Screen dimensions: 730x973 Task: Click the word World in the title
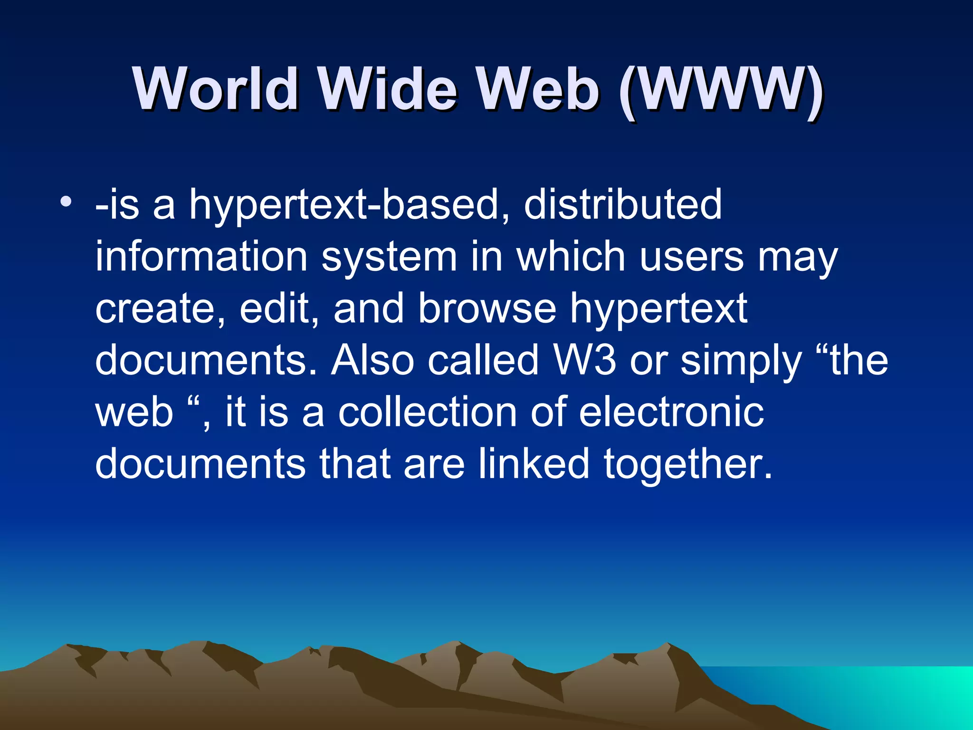[216, 89]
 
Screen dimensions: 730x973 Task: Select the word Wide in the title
[388, 89]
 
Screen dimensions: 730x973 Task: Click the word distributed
[622, 204]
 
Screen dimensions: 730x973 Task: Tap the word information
[201, 257]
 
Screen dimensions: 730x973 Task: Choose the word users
[691, 257]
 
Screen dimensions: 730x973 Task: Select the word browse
[487, 309]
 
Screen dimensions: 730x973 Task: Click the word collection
[427, 412]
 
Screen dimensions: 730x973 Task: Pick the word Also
[373, 360]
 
